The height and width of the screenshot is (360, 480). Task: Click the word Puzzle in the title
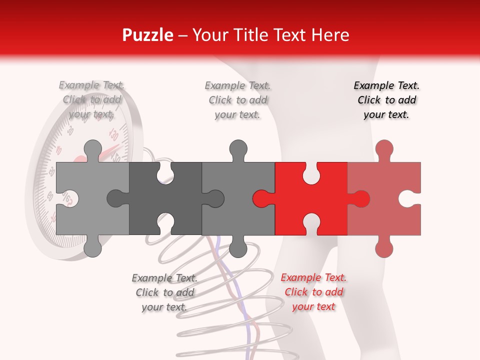coord(147,35)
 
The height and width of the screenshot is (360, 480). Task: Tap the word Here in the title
coord(330,35)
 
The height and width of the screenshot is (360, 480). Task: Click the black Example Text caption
coord(386,100)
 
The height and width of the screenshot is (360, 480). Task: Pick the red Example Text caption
coord(313,292)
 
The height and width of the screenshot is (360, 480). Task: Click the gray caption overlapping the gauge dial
coord(91,100)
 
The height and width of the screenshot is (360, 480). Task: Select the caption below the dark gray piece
coord(164,292)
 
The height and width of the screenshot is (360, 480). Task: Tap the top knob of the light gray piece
coord(92,149)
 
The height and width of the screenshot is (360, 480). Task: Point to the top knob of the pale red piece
coord(384,149)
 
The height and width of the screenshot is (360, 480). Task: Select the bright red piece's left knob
coord(262,198)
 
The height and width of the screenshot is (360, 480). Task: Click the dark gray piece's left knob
coord(117,198)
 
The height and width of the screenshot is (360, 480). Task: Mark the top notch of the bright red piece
coord(311,173)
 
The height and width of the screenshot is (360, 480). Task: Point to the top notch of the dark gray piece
coord(165,173)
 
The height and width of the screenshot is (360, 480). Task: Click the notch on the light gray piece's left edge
coord(68,198)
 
